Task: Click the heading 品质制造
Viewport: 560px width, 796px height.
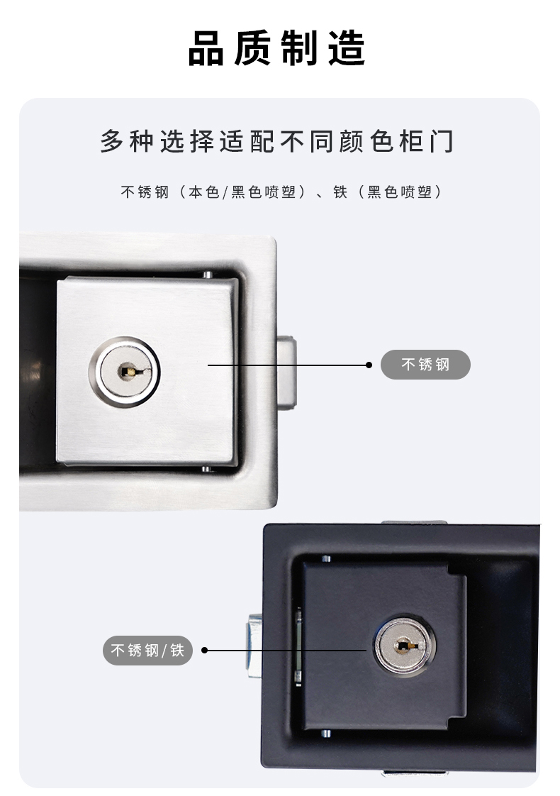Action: [277, 49]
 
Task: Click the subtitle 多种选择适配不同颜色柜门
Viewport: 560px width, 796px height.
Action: [277, 141]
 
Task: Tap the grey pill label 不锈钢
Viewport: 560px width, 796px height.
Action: [425, 365]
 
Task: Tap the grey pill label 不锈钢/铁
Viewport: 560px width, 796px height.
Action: [147, 651]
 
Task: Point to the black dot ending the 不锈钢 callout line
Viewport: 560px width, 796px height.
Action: [369, 365]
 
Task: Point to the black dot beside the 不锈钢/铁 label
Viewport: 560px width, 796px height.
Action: [204, 651]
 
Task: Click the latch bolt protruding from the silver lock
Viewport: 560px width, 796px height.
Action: [286, 372]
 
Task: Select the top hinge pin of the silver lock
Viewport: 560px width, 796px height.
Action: [208, 275]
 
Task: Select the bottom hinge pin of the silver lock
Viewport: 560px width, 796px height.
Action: [206, 468]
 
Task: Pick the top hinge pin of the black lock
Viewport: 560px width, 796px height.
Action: [326, 558]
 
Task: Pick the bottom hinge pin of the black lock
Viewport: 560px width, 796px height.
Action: [326, 734]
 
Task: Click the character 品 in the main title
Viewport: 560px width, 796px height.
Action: [206, 49]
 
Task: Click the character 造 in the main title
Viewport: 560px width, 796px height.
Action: [347, 49]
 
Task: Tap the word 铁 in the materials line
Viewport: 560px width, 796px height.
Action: [340, 192]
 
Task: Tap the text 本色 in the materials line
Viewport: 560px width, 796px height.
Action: [204, 192]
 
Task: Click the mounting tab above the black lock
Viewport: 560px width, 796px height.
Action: [414, 522]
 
